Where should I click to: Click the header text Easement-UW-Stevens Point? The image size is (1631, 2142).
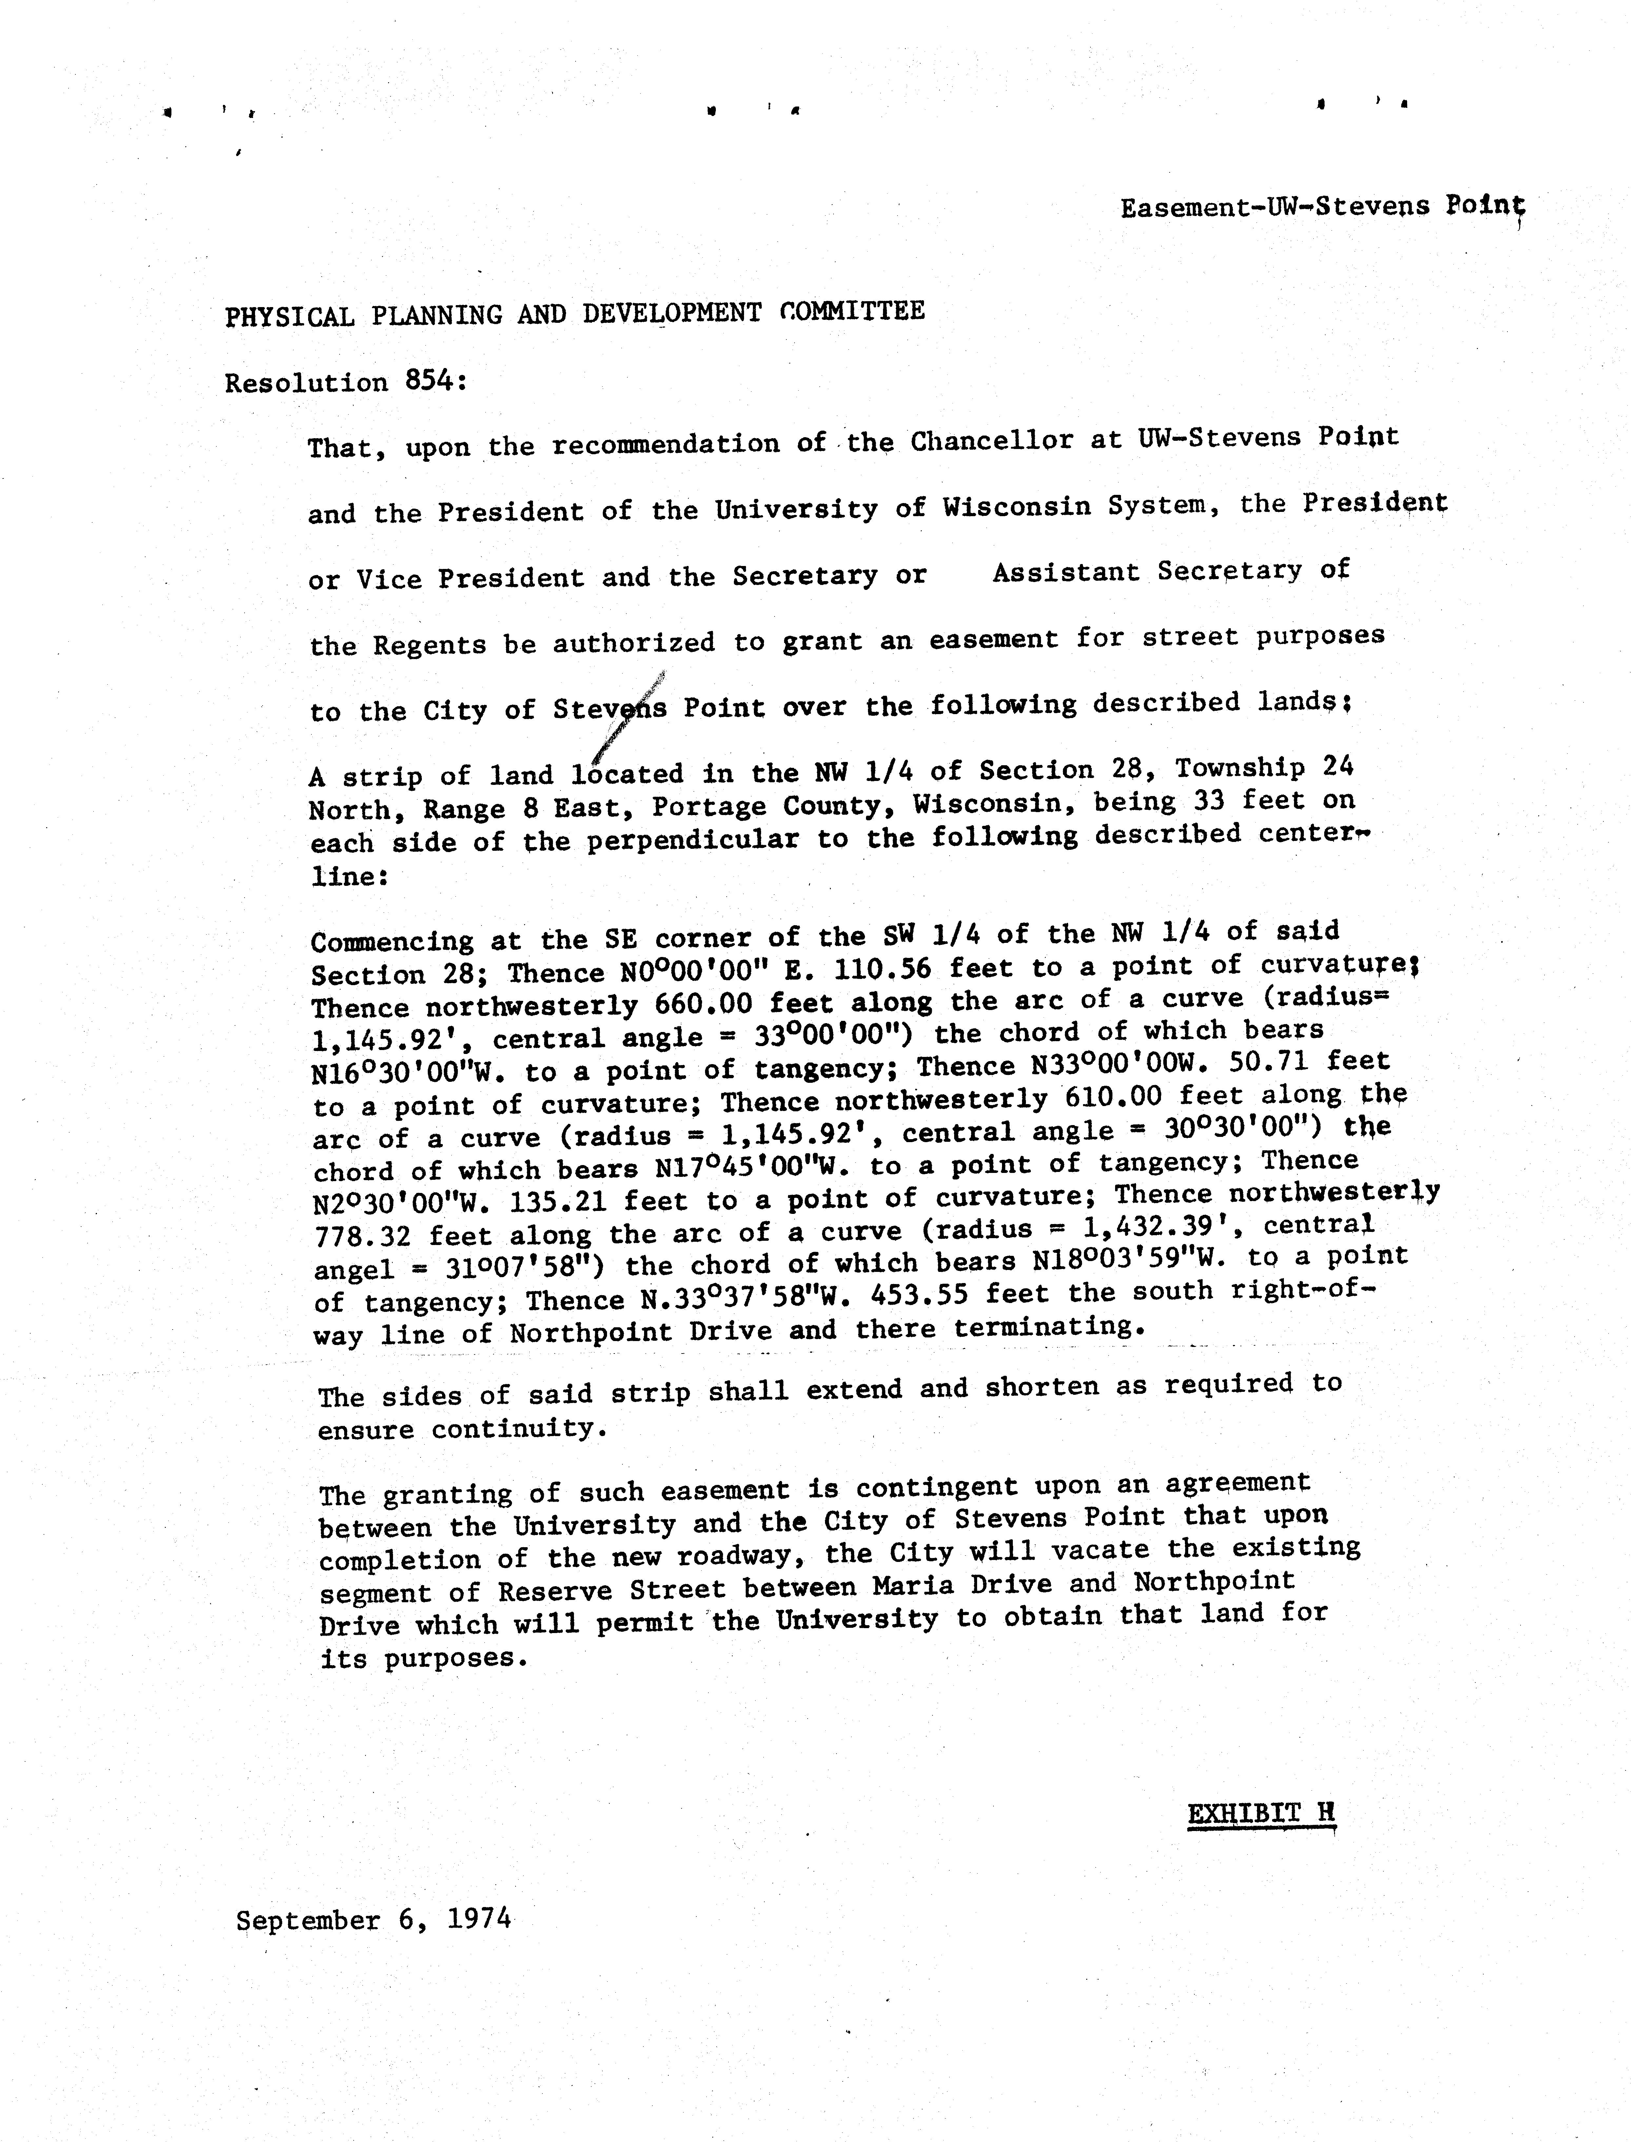(1322, 207)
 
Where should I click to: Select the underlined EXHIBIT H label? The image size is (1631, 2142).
(1261, 1813)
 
